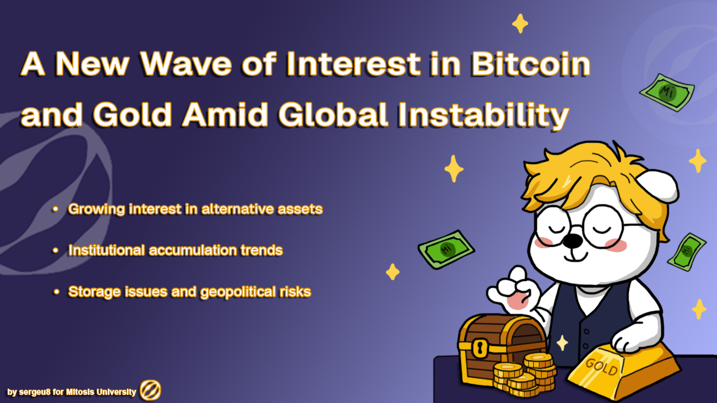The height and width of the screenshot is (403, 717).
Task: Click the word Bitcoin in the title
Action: (x=530, y=64)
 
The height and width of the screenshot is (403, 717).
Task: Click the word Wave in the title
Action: (x=186, y=64)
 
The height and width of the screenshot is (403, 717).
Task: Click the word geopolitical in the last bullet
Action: (x=238, y=292)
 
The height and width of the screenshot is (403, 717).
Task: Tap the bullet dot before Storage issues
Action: (x=57, y=292)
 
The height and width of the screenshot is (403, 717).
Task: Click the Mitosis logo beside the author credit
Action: (x=151, y=390)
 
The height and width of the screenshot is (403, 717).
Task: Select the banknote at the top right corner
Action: (x=667, y=92)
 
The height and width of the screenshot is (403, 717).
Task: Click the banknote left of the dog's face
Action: (x=446, y=250)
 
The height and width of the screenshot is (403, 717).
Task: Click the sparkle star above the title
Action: (x=520, y=24)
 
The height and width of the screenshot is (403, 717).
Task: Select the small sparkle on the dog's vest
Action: (x=562, y=343)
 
